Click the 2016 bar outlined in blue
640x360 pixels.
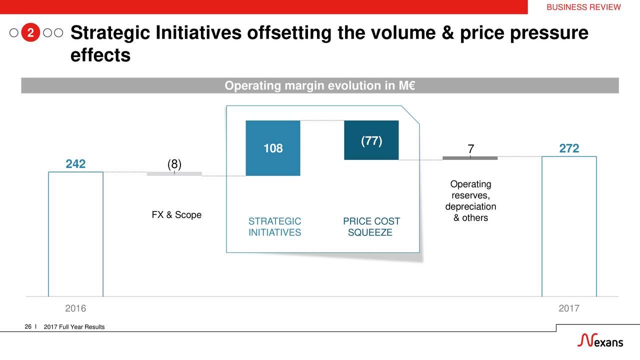coord(48,234)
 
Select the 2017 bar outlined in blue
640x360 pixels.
coord(542,225)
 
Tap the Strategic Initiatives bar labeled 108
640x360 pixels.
coord(273,148)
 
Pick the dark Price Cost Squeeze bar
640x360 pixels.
coord(371,140)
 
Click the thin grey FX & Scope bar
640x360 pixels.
coord(174,173)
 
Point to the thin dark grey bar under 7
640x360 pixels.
coord(470,158)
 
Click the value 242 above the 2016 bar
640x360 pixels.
coord(75,163)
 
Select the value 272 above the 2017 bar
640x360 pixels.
coord(569,148)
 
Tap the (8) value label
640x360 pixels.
coord(174,164)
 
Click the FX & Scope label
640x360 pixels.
coord(176,214)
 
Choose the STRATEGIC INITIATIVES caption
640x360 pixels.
coord(274,226)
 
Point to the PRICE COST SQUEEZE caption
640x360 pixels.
coord(371,226)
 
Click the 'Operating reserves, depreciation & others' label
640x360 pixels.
coord(470,200)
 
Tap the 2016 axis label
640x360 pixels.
coord(75,308)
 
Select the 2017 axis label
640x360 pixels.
coord(569,308)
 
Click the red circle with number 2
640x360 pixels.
coord(30,32)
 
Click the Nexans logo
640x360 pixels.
coord(600,340)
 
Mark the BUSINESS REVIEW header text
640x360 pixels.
coord(583,7)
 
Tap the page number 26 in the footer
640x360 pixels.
coord(28,326)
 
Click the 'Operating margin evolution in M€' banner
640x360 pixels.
coord(319,85)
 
